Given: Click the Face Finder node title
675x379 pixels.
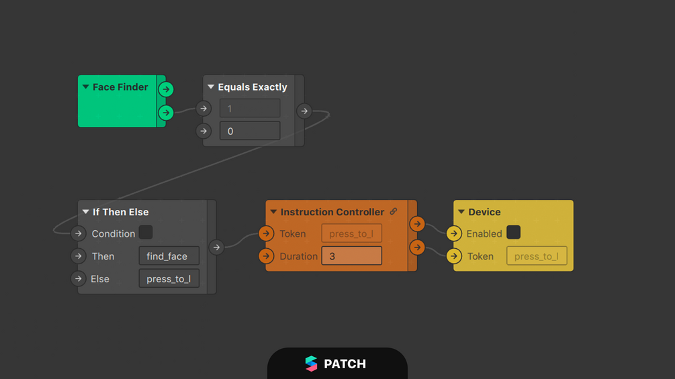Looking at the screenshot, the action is (x=120, y=87).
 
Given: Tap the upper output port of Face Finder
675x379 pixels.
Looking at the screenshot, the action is (x=166, y=89).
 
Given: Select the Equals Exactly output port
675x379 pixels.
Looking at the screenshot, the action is (x=304, y=111).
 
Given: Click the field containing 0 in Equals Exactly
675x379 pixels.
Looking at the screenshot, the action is (x=250, y=131).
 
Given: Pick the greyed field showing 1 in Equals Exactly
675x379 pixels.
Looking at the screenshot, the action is (x=250, y=108).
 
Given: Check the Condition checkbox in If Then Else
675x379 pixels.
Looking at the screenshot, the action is (x=146, y=233).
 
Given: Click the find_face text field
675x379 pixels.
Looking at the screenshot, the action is (x=169, y=256).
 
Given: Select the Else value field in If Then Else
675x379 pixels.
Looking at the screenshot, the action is (x=169, y=278).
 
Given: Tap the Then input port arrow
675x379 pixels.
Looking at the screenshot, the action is (x=79, y=256).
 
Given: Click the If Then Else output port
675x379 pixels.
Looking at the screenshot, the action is (x=216, y=247).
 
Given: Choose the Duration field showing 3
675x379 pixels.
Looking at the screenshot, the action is (x=352, y=256).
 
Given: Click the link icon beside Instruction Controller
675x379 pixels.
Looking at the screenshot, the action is (x=394, y=211).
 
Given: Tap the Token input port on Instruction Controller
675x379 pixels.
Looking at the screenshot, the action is (x=267, y=233).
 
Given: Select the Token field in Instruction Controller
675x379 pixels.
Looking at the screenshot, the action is (x=352, y=233).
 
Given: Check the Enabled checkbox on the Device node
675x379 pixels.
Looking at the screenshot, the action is (x=514, y=233).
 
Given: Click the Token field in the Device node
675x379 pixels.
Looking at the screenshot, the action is (x=537, y=256).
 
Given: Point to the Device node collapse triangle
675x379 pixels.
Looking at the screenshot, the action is (x=461, y=211).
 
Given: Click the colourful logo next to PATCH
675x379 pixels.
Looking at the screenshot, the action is (x=311, y=364).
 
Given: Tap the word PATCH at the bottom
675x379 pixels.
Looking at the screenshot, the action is (x=345, y=364).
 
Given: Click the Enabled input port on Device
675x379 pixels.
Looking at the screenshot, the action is (x=454, y=233).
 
